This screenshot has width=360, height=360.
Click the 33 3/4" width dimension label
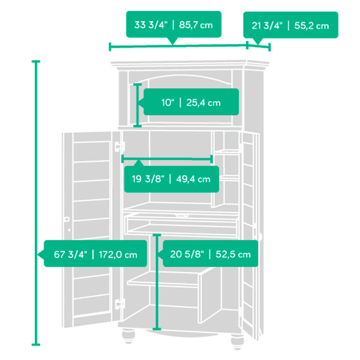pos(174,24)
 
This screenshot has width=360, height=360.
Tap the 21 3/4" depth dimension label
pos(290,25)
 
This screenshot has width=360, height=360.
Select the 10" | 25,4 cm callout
pos(191,102)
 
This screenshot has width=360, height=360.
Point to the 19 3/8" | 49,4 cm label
pos(171,179)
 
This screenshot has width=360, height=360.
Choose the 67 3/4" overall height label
pos(95,254)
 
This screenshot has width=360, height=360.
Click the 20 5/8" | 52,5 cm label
pos(210,254)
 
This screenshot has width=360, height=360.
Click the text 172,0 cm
pos(118,255)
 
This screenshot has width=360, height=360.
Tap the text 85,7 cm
pos(196,25)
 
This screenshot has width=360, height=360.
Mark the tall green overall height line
pos(36,203)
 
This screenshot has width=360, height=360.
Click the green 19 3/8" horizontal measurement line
pos(167,159)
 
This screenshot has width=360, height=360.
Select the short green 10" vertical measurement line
pos(137,105)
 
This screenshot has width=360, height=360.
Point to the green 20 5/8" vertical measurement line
pos(157,282)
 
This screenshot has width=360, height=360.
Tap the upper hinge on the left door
pos(120,147)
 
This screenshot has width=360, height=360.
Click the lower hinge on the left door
pos(120,304)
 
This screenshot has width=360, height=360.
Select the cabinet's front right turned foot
pos(238,342)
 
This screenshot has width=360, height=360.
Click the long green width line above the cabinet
pos(178,46)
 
